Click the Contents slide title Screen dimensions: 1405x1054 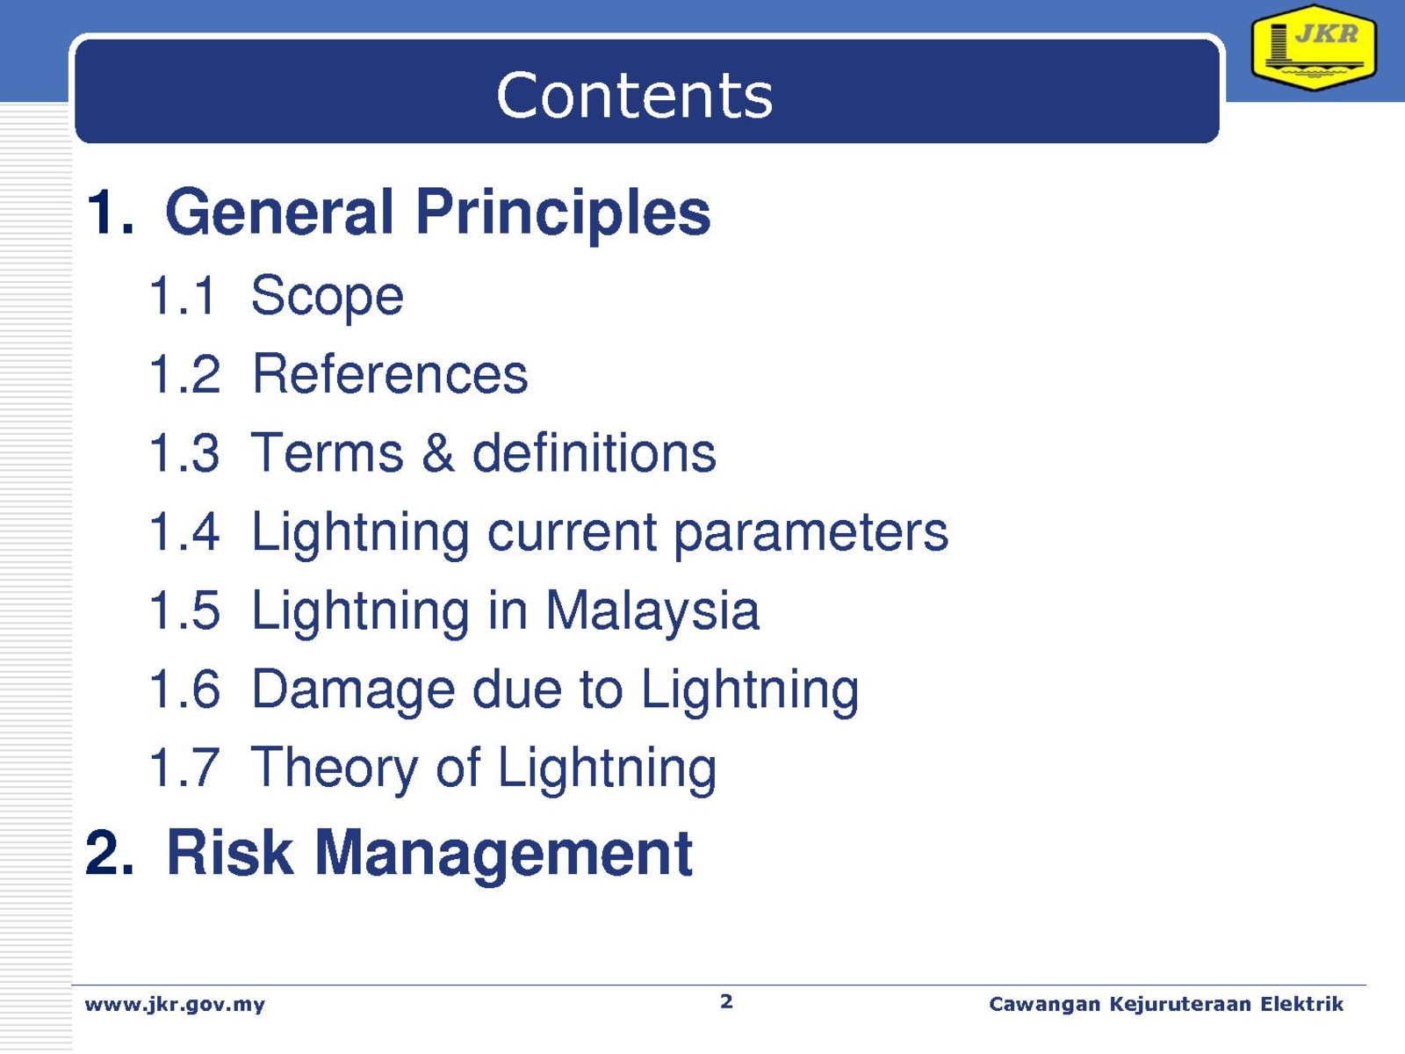point(634,96)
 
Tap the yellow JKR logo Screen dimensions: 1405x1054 point(1314,47)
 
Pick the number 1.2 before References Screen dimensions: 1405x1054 point(184,374)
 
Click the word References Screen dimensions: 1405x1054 point(391,374)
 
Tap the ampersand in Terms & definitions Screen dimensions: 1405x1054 point(438,453)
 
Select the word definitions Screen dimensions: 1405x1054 point(594,452)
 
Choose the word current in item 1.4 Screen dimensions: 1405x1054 point(572,533)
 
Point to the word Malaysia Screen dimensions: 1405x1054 point(652,612)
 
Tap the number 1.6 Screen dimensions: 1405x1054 point(184,689)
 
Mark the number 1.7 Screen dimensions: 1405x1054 point(184,768)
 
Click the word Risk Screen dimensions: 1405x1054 point(230,852)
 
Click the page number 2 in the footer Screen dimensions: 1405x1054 point(726,1001)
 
